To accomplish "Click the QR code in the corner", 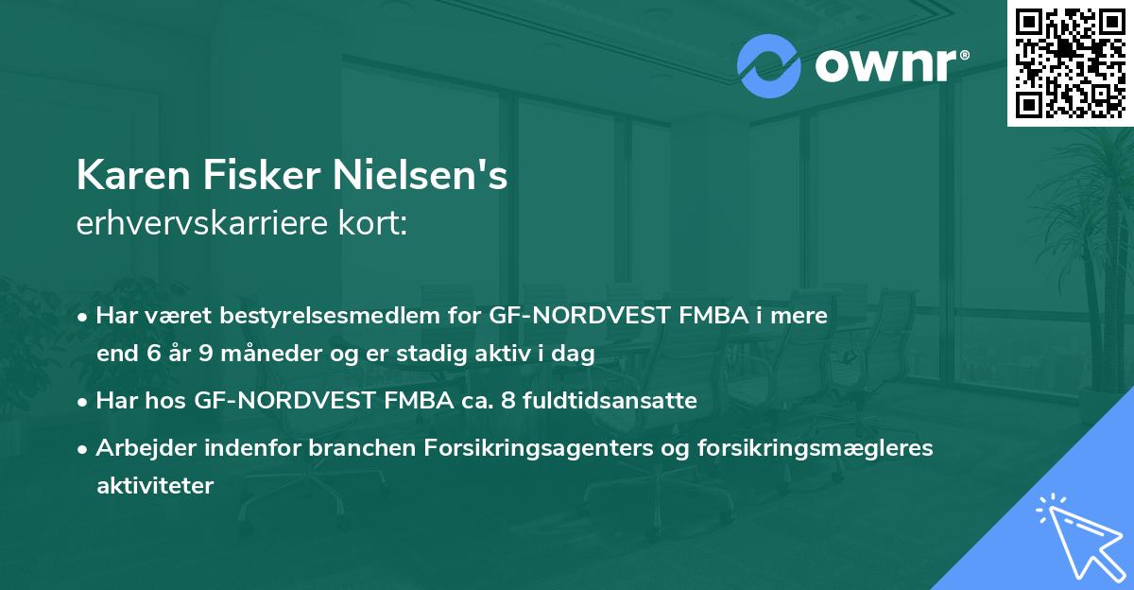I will click(x=1071, y=62).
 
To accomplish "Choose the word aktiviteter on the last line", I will click(x=155, y=486).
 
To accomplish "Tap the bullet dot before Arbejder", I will click(x=84, y=449).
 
